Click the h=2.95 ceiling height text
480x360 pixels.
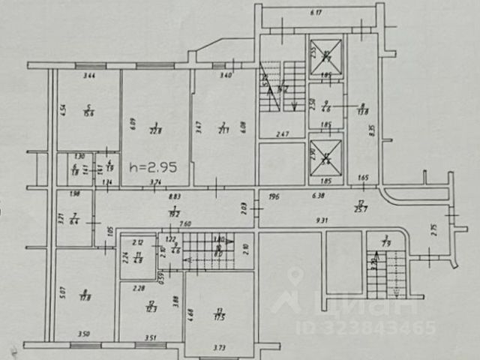(x=152, y=168)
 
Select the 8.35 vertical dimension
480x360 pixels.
(x=372, y=128)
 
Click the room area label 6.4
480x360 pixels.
(x=74, y=222)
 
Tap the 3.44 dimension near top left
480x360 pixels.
(x=88, y=75)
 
